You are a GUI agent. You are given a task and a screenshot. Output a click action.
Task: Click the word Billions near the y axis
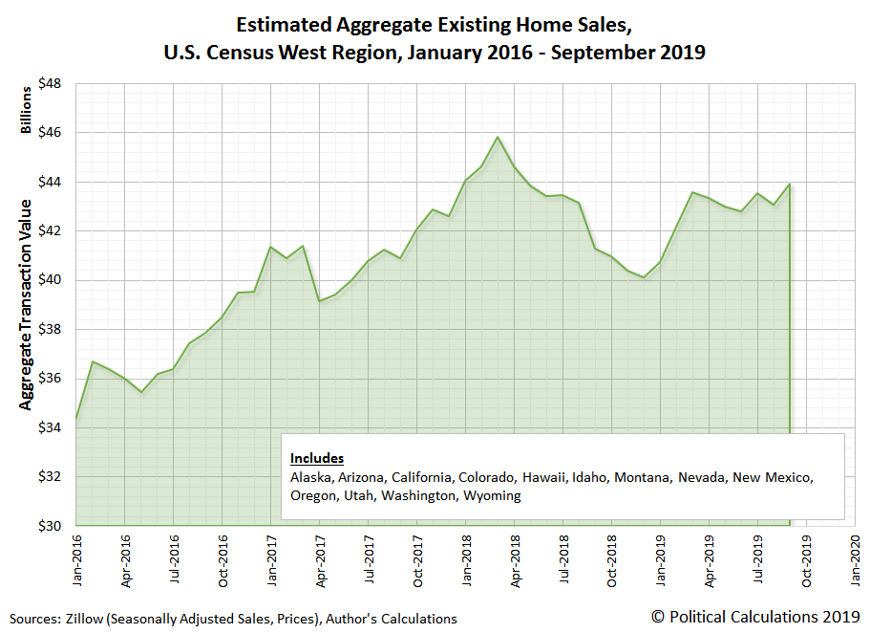click(x=27, y=110)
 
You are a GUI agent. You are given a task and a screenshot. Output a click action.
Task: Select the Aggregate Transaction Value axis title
click(x=27, y=305)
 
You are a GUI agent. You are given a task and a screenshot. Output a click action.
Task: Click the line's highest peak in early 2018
click(x=498, y=137)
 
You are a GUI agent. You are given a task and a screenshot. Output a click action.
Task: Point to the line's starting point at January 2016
click(x=75, y=418)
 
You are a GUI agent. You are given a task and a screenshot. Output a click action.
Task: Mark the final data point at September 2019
click(x=789, y=185)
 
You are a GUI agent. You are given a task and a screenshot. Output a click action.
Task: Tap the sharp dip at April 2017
click(x=320, y=301)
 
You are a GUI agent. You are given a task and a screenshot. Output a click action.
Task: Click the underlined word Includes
click(x=317, y=458)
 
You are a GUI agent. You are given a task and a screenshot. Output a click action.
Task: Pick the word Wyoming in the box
click(x=492, y=495)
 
